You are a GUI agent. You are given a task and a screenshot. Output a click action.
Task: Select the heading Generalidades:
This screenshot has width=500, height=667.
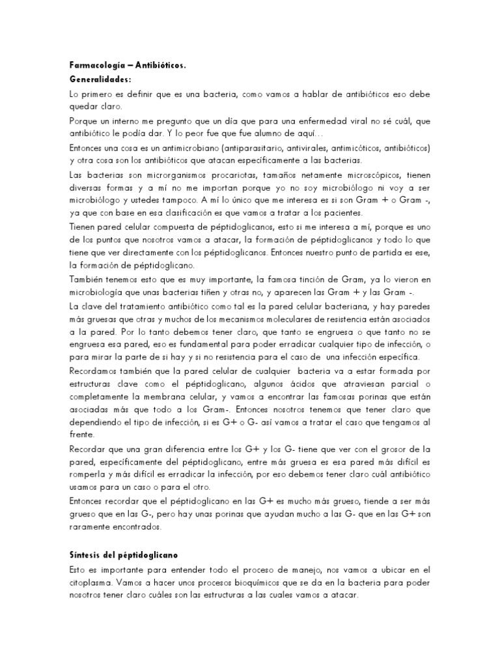(100, 79)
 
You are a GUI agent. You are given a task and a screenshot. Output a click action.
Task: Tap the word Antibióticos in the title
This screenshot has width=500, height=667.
(163, 66)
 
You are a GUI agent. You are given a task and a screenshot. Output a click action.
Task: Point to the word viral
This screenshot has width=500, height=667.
(334, 122)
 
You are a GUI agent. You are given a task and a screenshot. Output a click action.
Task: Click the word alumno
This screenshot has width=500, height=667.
(230, 133)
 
